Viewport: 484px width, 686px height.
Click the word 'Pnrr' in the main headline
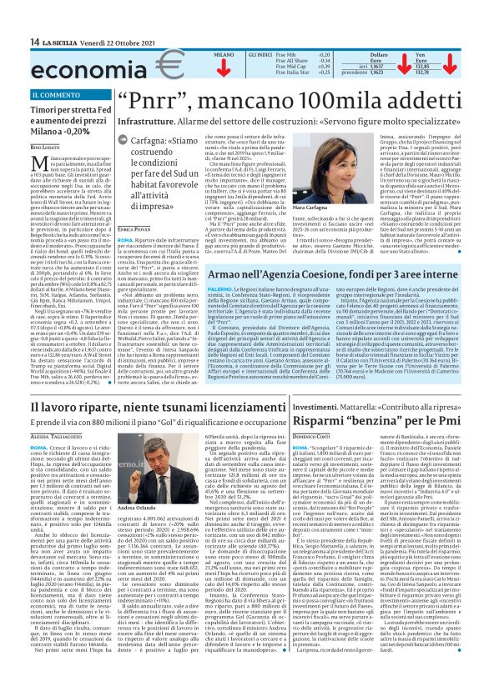click(x=155, y=101)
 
